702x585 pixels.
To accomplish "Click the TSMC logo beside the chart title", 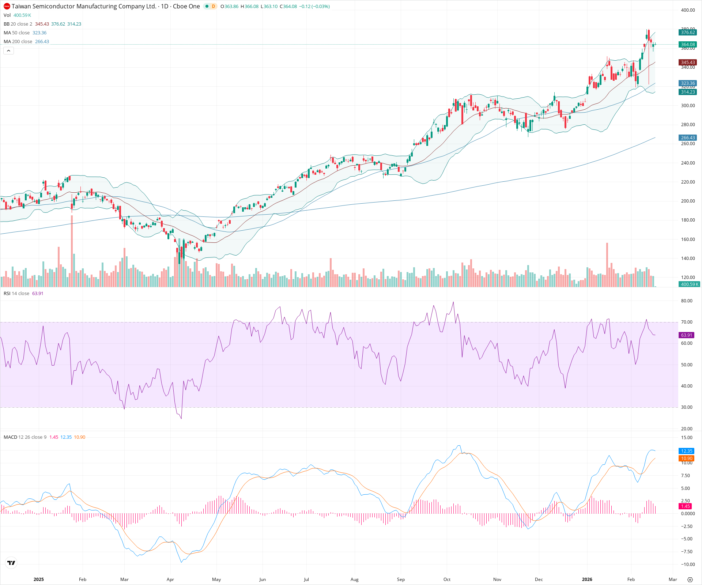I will tap(7, 6).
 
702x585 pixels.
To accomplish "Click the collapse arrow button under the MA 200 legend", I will tap(8, 51).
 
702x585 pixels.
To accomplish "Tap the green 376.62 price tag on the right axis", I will tap(688, 33).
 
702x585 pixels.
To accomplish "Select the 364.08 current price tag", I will tap(688, 45).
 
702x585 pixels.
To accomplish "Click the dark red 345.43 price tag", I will tap(688, 63).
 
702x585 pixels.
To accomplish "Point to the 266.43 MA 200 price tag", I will tap(688, 138).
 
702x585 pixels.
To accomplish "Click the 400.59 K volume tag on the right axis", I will tap(689, 284).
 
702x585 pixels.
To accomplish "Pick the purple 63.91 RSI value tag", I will tap(687, 335).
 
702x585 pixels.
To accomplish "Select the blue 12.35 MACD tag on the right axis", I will tap(687, 451).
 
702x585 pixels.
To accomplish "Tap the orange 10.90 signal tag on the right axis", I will tap(687, 458).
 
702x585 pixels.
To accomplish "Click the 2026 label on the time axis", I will tap(587, 579).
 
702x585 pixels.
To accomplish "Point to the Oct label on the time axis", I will tap(447, 579).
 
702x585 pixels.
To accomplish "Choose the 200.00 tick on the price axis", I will tap(688, 201).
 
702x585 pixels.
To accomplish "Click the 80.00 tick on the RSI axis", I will tap(687, 301).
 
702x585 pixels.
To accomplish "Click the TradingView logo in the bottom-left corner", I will tap(11, 563).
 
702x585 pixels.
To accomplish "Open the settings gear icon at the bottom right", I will tap(690, 580).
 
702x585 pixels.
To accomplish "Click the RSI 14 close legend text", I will tap(16, 294).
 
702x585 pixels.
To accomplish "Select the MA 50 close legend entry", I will tap(17, 33).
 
